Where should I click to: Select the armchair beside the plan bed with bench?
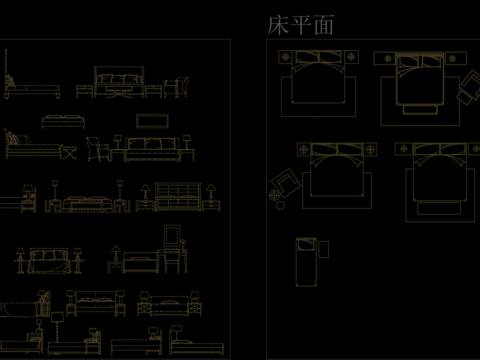click(x=467, y=87)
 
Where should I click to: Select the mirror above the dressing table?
click(x=173, y=235)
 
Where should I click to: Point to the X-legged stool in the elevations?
click(x=68, y=153)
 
